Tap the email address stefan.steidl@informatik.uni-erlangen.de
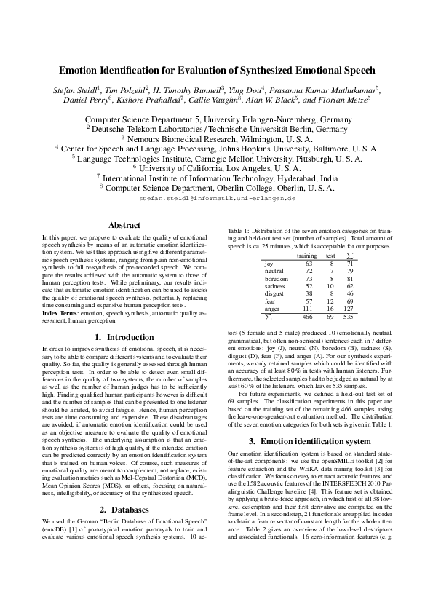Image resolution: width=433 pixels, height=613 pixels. coord(216,197)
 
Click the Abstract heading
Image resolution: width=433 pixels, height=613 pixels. coord(124,225)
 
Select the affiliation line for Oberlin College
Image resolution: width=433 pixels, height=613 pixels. coord(217,187)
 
